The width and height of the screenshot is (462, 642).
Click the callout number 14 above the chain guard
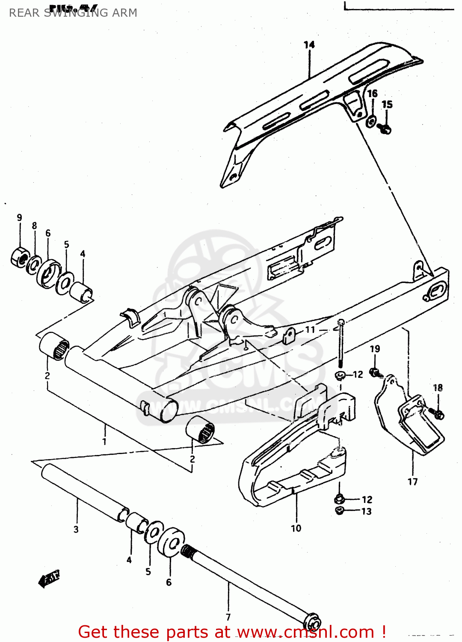(x=309, y=45)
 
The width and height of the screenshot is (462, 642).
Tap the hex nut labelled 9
(x=19, y=257)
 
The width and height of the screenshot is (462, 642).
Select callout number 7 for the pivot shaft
(x=228, y=617)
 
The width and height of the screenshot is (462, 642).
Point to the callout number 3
(x=76, y=529)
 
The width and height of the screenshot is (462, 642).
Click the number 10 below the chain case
(x=296, y=528)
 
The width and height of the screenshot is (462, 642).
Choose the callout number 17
(x=412, y=482)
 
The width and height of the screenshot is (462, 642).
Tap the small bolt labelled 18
(x=438, y=414)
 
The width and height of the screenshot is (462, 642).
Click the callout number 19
(x=375, y=349)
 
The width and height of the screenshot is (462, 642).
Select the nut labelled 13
(x=340, y=510)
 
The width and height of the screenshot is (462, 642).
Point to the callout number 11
(x=310, y=330)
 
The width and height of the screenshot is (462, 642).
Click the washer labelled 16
(x=371, y=121)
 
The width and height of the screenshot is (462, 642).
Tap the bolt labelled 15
(x=385, y=128)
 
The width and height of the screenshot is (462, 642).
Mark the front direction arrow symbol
(x=49, y=579)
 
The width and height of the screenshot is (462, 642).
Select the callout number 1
(x=104, y=441)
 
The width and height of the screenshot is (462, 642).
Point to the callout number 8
(x=34, y=226)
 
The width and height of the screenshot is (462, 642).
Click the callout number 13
(x=366, y=511)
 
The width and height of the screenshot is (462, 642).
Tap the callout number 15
(x=387, y=104)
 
